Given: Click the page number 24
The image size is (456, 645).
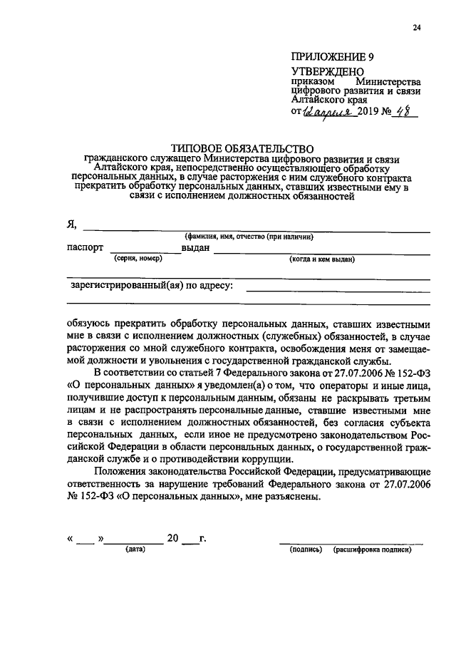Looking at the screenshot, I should click(x=416, y=28).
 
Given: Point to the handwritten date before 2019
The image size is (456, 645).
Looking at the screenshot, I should click(x=326, y=113).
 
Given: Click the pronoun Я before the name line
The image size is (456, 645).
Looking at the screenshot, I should click(x=71, y=225).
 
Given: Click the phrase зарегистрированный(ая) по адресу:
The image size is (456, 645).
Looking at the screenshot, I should click(x=152, y=286).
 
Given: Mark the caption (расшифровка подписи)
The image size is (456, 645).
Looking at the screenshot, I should click(x=373, y=549).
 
